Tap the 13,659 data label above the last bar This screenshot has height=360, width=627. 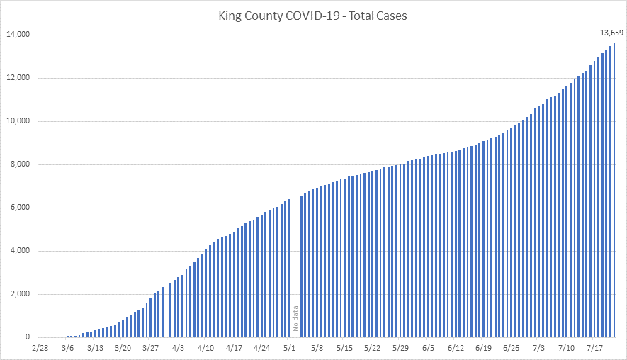pyautogui.click(x=611, y=33)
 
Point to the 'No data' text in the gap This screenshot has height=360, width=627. pyautogui.click(x=295, y=318)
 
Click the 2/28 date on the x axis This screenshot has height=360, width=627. pyautogui.click(x=40, y=349)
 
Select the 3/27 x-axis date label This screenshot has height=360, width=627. pyautogui.click(x=150, y=349)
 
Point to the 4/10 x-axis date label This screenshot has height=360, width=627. pyautogui.click(x=205, y=349)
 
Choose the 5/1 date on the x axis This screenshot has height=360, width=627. pyautogui.click(x=290, y=349)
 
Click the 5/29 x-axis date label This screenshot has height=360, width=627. pyautogui.click(x=400, y=349)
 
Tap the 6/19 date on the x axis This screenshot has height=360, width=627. pyautogui.click(x=483, y=349)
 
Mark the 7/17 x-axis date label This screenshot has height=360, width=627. pyautogui.click(x=594, y=349)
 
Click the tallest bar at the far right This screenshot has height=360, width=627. pyautogui.click(x=614, y=191)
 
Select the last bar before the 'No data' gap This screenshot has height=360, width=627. pyautogui.click(x=290, y=269)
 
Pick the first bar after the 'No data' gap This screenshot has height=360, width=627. pyautogui.click(x=302, y=266)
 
